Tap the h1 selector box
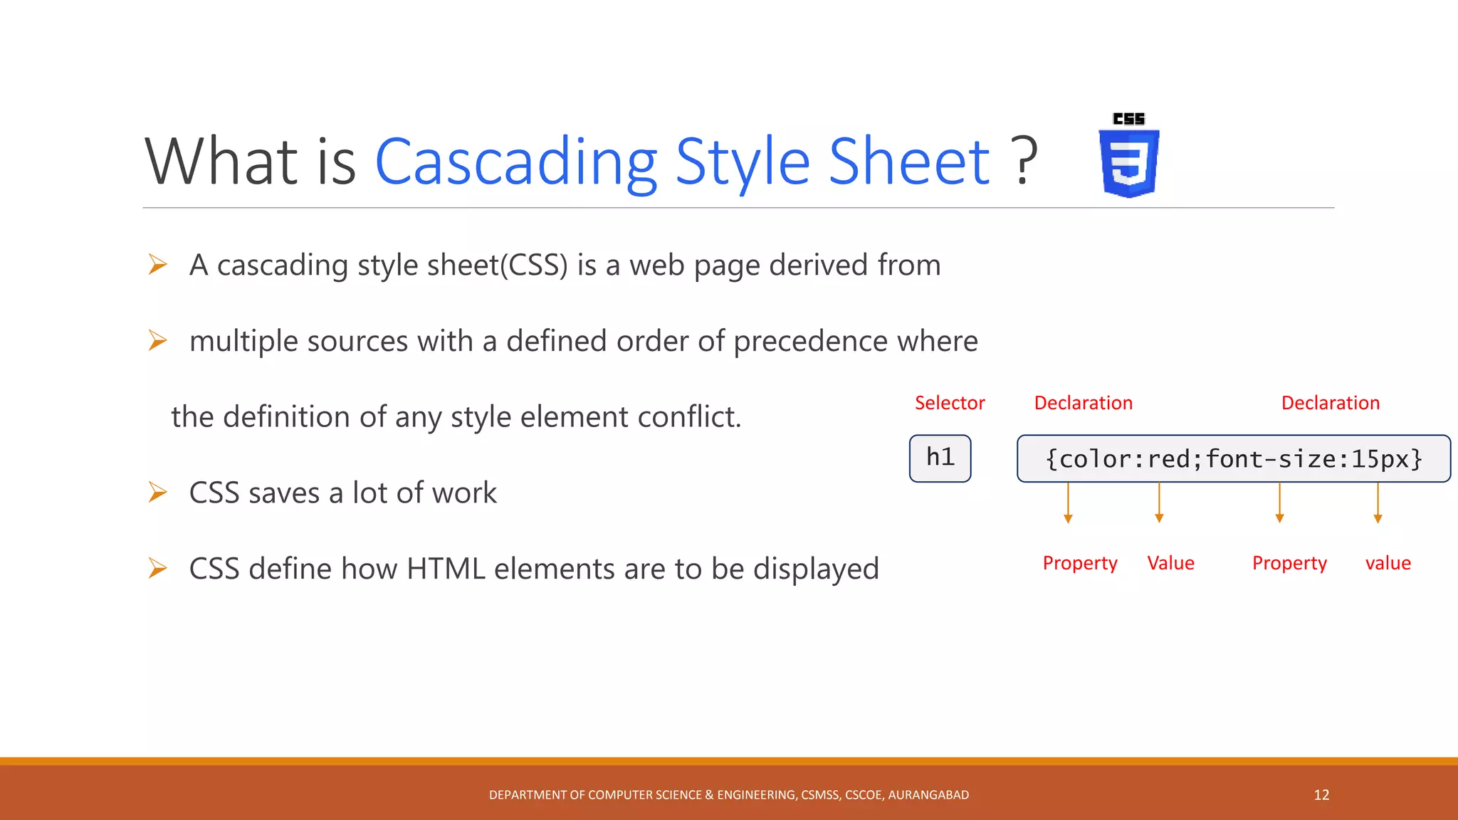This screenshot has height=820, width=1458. click(x=940, y=458)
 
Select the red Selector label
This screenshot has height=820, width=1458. click(x=950, y=403)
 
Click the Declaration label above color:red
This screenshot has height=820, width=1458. click(x=1083, y=403)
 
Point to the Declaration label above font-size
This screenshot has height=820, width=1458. click(x=1330, y=403)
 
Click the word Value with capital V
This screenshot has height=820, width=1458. click(x=1170, y=563)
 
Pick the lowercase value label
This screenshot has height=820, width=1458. click(x=1388, y=563)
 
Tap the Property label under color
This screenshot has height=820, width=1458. click(x=1079, y=563)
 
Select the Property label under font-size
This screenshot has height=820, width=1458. click(x=1289, y=563)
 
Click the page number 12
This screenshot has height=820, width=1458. click(x=1321, y=795)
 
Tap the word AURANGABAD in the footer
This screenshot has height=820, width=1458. click(x=928, y=795)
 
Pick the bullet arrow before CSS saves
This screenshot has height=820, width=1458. click(x=157, y=493)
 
